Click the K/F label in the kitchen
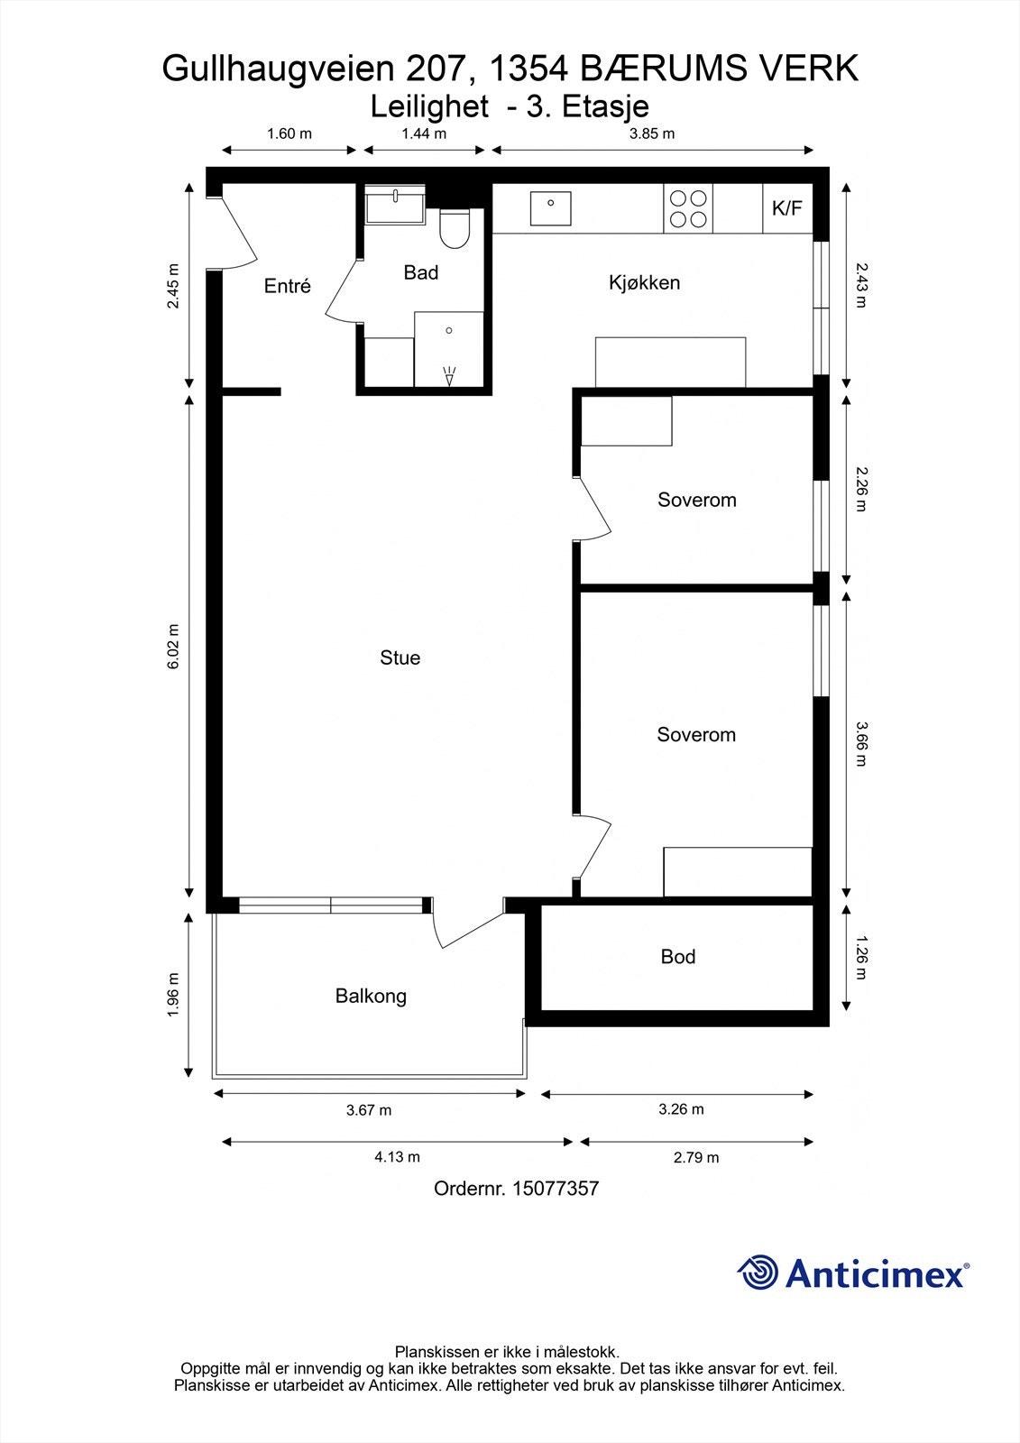(786, 209)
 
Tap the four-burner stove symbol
(688, 208)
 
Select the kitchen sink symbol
(550, 209)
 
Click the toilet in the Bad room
(455, 229)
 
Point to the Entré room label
(287, 286)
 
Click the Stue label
(400, 657)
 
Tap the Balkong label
(371, 996)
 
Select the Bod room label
(677, 956)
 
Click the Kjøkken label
(644, 282)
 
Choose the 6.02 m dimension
(174, 646)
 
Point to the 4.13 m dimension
(397, 1157)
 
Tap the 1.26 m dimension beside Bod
(861, 960)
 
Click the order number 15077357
(555, 1189)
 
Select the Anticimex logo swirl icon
(758, 1273)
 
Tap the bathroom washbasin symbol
(396, 205)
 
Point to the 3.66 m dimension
(861, 743)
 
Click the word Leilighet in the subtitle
(430, 106)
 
